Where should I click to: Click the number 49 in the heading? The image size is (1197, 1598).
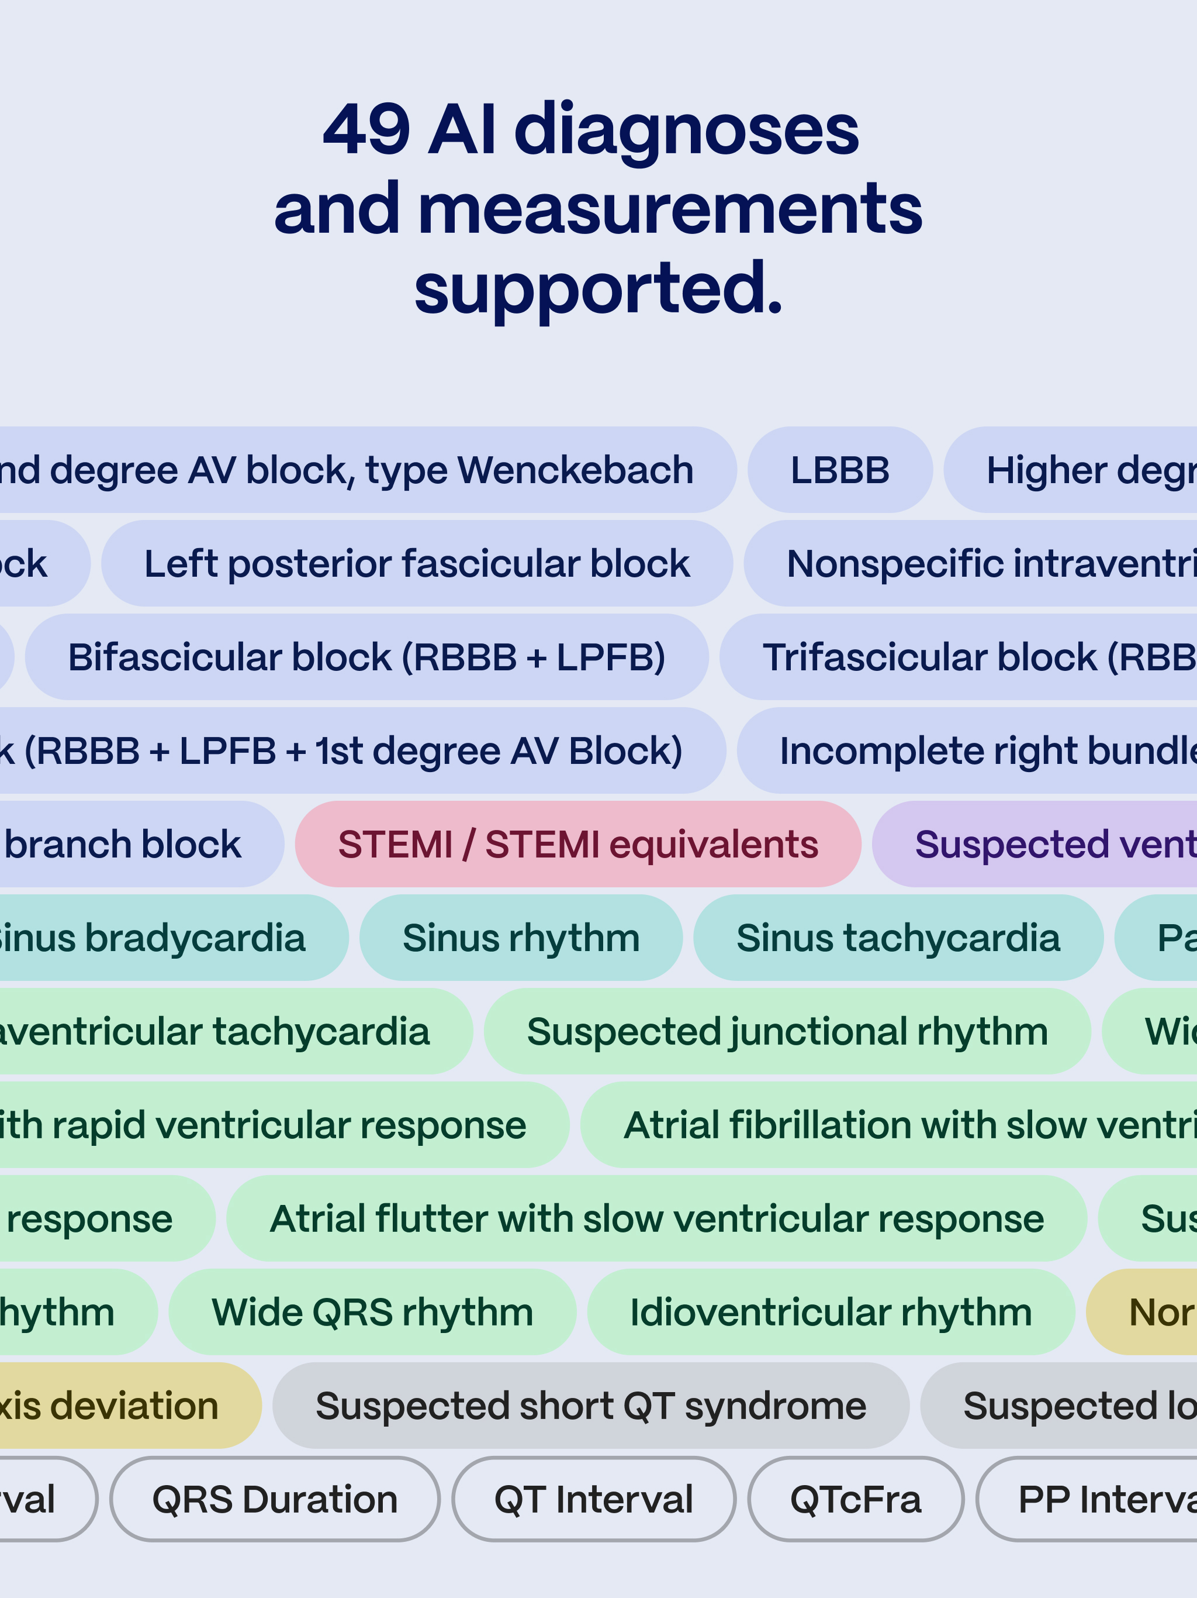point(366,130)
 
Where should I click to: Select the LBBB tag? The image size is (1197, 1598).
point(840,470)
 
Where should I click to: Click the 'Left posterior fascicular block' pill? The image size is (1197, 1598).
point(417,563)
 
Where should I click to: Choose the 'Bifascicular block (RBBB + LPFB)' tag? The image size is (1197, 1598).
point(366,657)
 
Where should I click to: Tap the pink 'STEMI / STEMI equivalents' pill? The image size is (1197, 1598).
point(577,844)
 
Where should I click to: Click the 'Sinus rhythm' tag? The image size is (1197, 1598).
point(521,938)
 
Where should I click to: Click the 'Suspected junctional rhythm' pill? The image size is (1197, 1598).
point(786,1031)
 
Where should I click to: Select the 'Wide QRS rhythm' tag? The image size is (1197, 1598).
point(372,1312)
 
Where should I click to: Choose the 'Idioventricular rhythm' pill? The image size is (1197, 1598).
point(831,1312)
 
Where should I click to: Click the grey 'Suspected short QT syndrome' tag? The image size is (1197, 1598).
point(590,1406)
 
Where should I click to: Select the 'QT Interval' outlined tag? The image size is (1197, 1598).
point(593,1499)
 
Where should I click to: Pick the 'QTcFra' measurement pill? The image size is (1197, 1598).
point(856,1499)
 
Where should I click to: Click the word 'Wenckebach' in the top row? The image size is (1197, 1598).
point(575,470)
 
